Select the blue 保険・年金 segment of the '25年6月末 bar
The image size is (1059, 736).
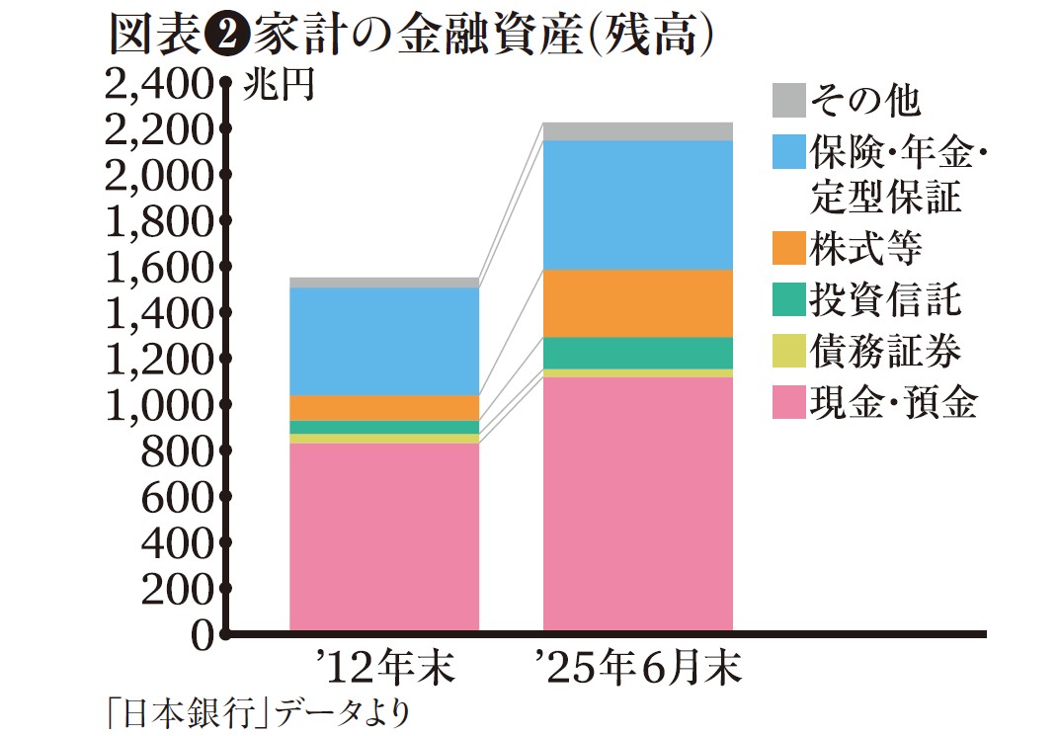click(638, 204)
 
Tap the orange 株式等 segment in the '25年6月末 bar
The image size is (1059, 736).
click(638, 302)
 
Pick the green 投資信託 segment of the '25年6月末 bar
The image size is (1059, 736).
click(638, 353)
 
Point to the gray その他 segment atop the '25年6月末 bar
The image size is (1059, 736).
click(638, 131)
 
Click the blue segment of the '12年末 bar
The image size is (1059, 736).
click(383, 341)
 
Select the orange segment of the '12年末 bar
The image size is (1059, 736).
click(383, 407)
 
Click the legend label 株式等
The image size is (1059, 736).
click(865, 248)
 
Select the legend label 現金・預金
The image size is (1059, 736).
click(893, 402)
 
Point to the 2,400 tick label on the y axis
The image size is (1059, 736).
click(158, 87)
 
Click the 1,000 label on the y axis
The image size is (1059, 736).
click(158, 405)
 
